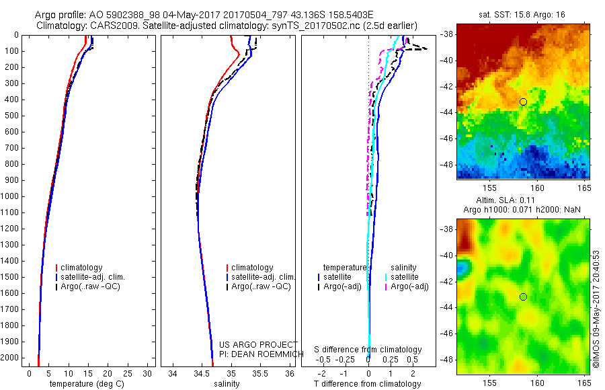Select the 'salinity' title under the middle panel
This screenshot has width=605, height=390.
pyautogui.click(x=227, y=384)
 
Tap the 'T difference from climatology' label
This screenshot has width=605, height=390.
pyautogui.click(x=367, y=384)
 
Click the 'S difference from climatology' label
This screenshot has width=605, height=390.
pyautogui.click(x=368, y=350)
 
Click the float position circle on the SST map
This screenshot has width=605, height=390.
pyautogui.click(x=523, y=102)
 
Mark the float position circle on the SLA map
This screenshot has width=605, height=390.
pyautogui.click(x=523, y=297)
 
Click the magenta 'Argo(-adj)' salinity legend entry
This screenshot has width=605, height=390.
pyautogui.click(x=409, y=287)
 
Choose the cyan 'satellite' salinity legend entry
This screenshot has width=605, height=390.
pyautogui.click(x=404, y=277)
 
